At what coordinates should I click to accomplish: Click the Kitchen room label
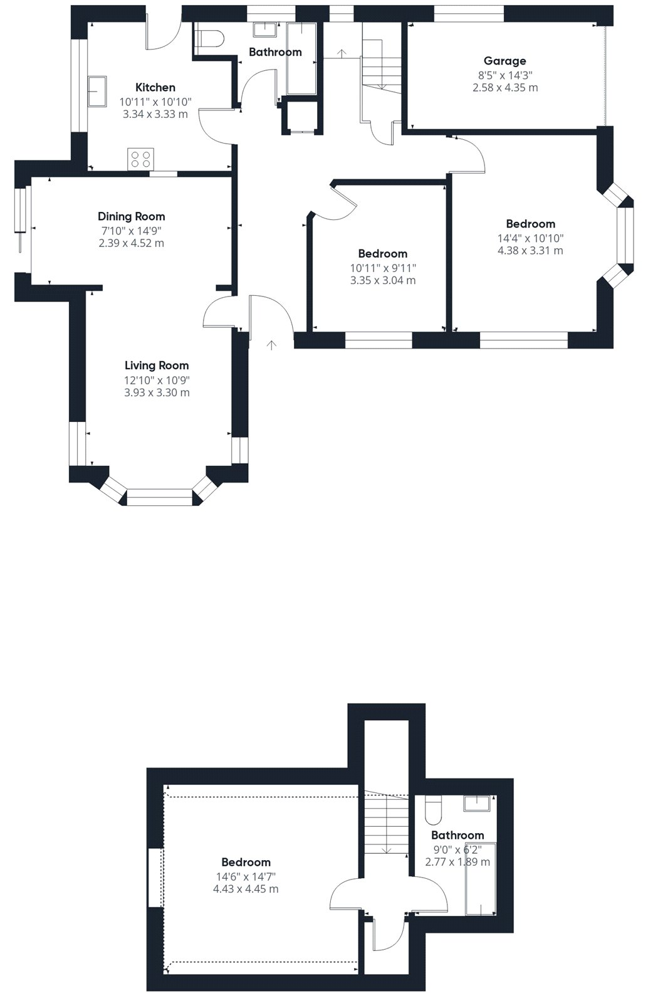pos(155,87)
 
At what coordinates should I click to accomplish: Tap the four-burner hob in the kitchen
pos(140,159)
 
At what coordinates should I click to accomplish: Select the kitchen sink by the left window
pos(97,91)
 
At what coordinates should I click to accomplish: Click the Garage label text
pos(504,61)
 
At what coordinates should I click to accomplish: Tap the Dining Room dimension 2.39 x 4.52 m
pos(131,243)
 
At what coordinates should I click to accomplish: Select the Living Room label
pos(157,365)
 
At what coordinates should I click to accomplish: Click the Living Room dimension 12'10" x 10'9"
pos(157,380)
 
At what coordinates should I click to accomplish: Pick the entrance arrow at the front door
pos(271,345)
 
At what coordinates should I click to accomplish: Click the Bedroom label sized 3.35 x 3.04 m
pos(383,254)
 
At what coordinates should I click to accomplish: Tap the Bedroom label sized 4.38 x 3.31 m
pos(530,224)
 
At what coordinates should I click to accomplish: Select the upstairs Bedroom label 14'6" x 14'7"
pos(246,862)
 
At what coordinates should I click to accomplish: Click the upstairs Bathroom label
pos(457,835)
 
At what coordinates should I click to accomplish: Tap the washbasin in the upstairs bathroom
pos(477,803)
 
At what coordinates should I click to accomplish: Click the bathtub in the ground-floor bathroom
pos(301,59)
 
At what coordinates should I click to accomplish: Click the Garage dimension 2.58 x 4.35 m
pos(505,88)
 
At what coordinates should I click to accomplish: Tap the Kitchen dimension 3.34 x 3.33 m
pos(155,114)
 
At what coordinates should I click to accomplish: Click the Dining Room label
pos(131,217)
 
